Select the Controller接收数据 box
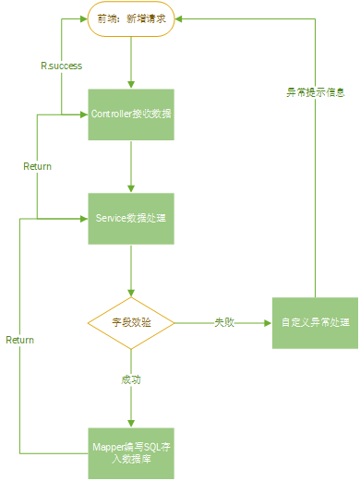131,114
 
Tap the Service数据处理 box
131,219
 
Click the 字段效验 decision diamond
131,323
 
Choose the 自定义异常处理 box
315,323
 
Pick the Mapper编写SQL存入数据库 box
131,452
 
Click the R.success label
60,66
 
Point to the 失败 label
224,323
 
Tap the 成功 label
131,379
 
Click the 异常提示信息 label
315,91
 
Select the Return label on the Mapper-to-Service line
19,340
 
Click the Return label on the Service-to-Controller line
37,166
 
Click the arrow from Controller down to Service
131,166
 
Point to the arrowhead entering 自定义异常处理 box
267,323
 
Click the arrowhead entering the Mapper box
131,423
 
